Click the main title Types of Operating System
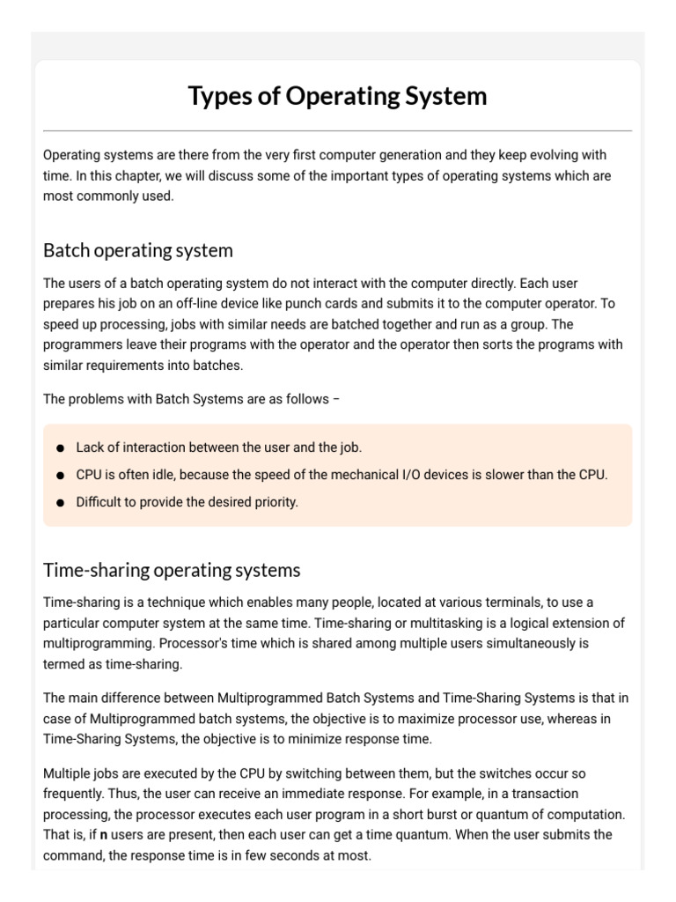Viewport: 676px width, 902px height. click(337, 95)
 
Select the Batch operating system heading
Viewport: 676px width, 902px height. click(138, 250)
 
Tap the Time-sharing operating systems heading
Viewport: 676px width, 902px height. click(172, 570)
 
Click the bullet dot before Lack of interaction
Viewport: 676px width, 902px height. click(60, 448)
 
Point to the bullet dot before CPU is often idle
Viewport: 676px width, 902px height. click(60, 476)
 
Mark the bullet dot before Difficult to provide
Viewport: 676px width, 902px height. click(60, 503)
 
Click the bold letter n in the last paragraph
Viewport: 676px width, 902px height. click(104, 834)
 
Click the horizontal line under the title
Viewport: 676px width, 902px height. click(337, 130)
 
